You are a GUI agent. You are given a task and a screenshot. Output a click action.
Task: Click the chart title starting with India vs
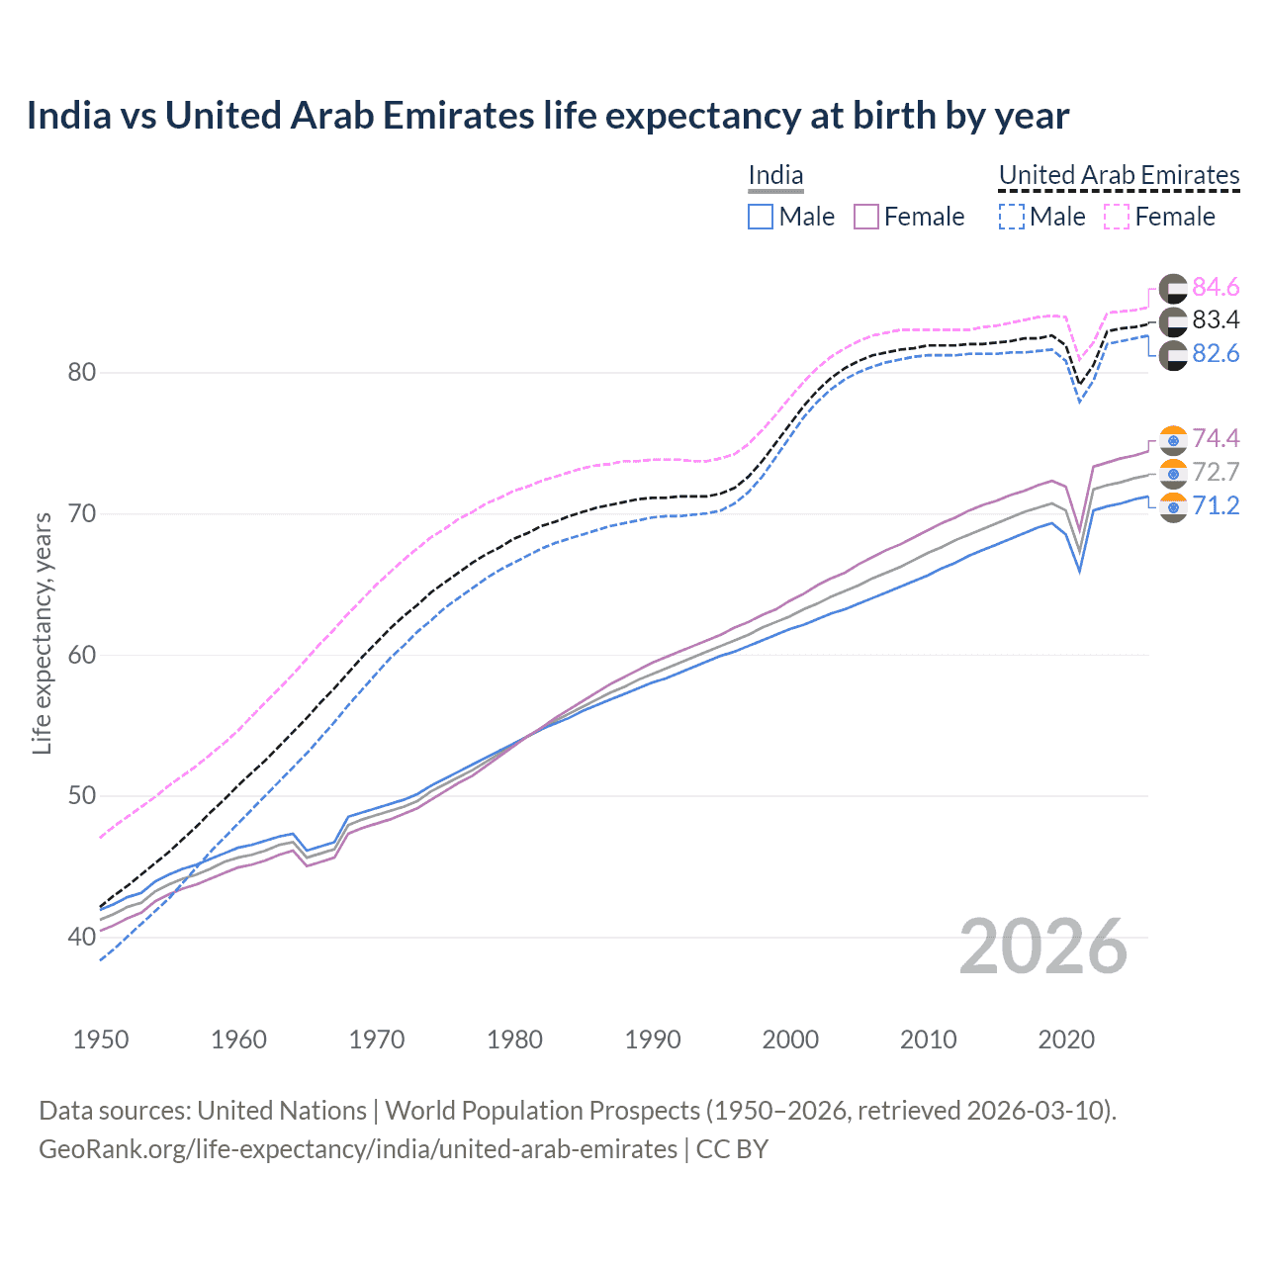[x=547, y=116]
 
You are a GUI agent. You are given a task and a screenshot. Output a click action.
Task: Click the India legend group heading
[x=775, y=175]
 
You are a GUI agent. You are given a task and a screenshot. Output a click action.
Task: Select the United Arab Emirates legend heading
[x=1119, y=175]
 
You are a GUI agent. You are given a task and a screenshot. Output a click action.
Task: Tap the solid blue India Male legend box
[x=760, y=217]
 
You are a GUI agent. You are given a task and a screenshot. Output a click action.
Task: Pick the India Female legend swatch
[x=865, y=217]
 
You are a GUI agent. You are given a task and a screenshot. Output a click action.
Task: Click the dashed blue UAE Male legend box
[x=1011, y=217]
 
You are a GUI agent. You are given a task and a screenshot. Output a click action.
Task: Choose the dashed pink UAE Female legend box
[x=1116, y=217]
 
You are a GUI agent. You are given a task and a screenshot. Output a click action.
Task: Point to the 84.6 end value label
[x=1216, y=287]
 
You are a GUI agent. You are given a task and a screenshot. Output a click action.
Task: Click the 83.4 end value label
[x=1216, y=319]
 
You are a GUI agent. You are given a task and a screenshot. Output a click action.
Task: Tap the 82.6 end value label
[x=1216, y=353]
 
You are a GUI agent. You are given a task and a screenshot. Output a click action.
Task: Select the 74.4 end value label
[x=1216, y=438]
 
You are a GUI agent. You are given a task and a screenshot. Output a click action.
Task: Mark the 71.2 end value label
[x=1216, y=505]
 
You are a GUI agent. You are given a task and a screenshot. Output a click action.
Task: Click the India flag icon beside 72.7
[x=1173, y=474]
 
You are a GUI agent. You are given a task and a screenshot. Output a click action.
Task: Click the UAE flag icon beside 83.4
[x=1173, y=321]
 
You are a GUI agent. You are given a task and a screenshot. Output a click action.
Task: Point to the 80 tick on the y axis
[x=82, y=373]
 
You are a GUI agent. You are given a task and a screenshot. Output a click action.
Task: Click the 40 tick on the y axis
[x=82, y=937]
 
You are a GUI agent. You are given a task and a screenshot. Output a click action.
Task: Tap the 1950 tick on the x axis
[x=101, y=1040]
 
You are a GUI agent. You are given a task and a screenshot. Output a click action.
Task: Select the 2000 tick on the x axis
[x=789, y=1040]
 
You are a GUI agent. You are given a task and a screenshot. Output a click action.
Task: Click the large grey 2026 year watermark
[x=1042, y=947]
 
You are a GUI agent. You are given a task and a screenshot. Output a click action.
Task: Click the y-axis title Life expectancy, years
[x=42, y=633]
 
